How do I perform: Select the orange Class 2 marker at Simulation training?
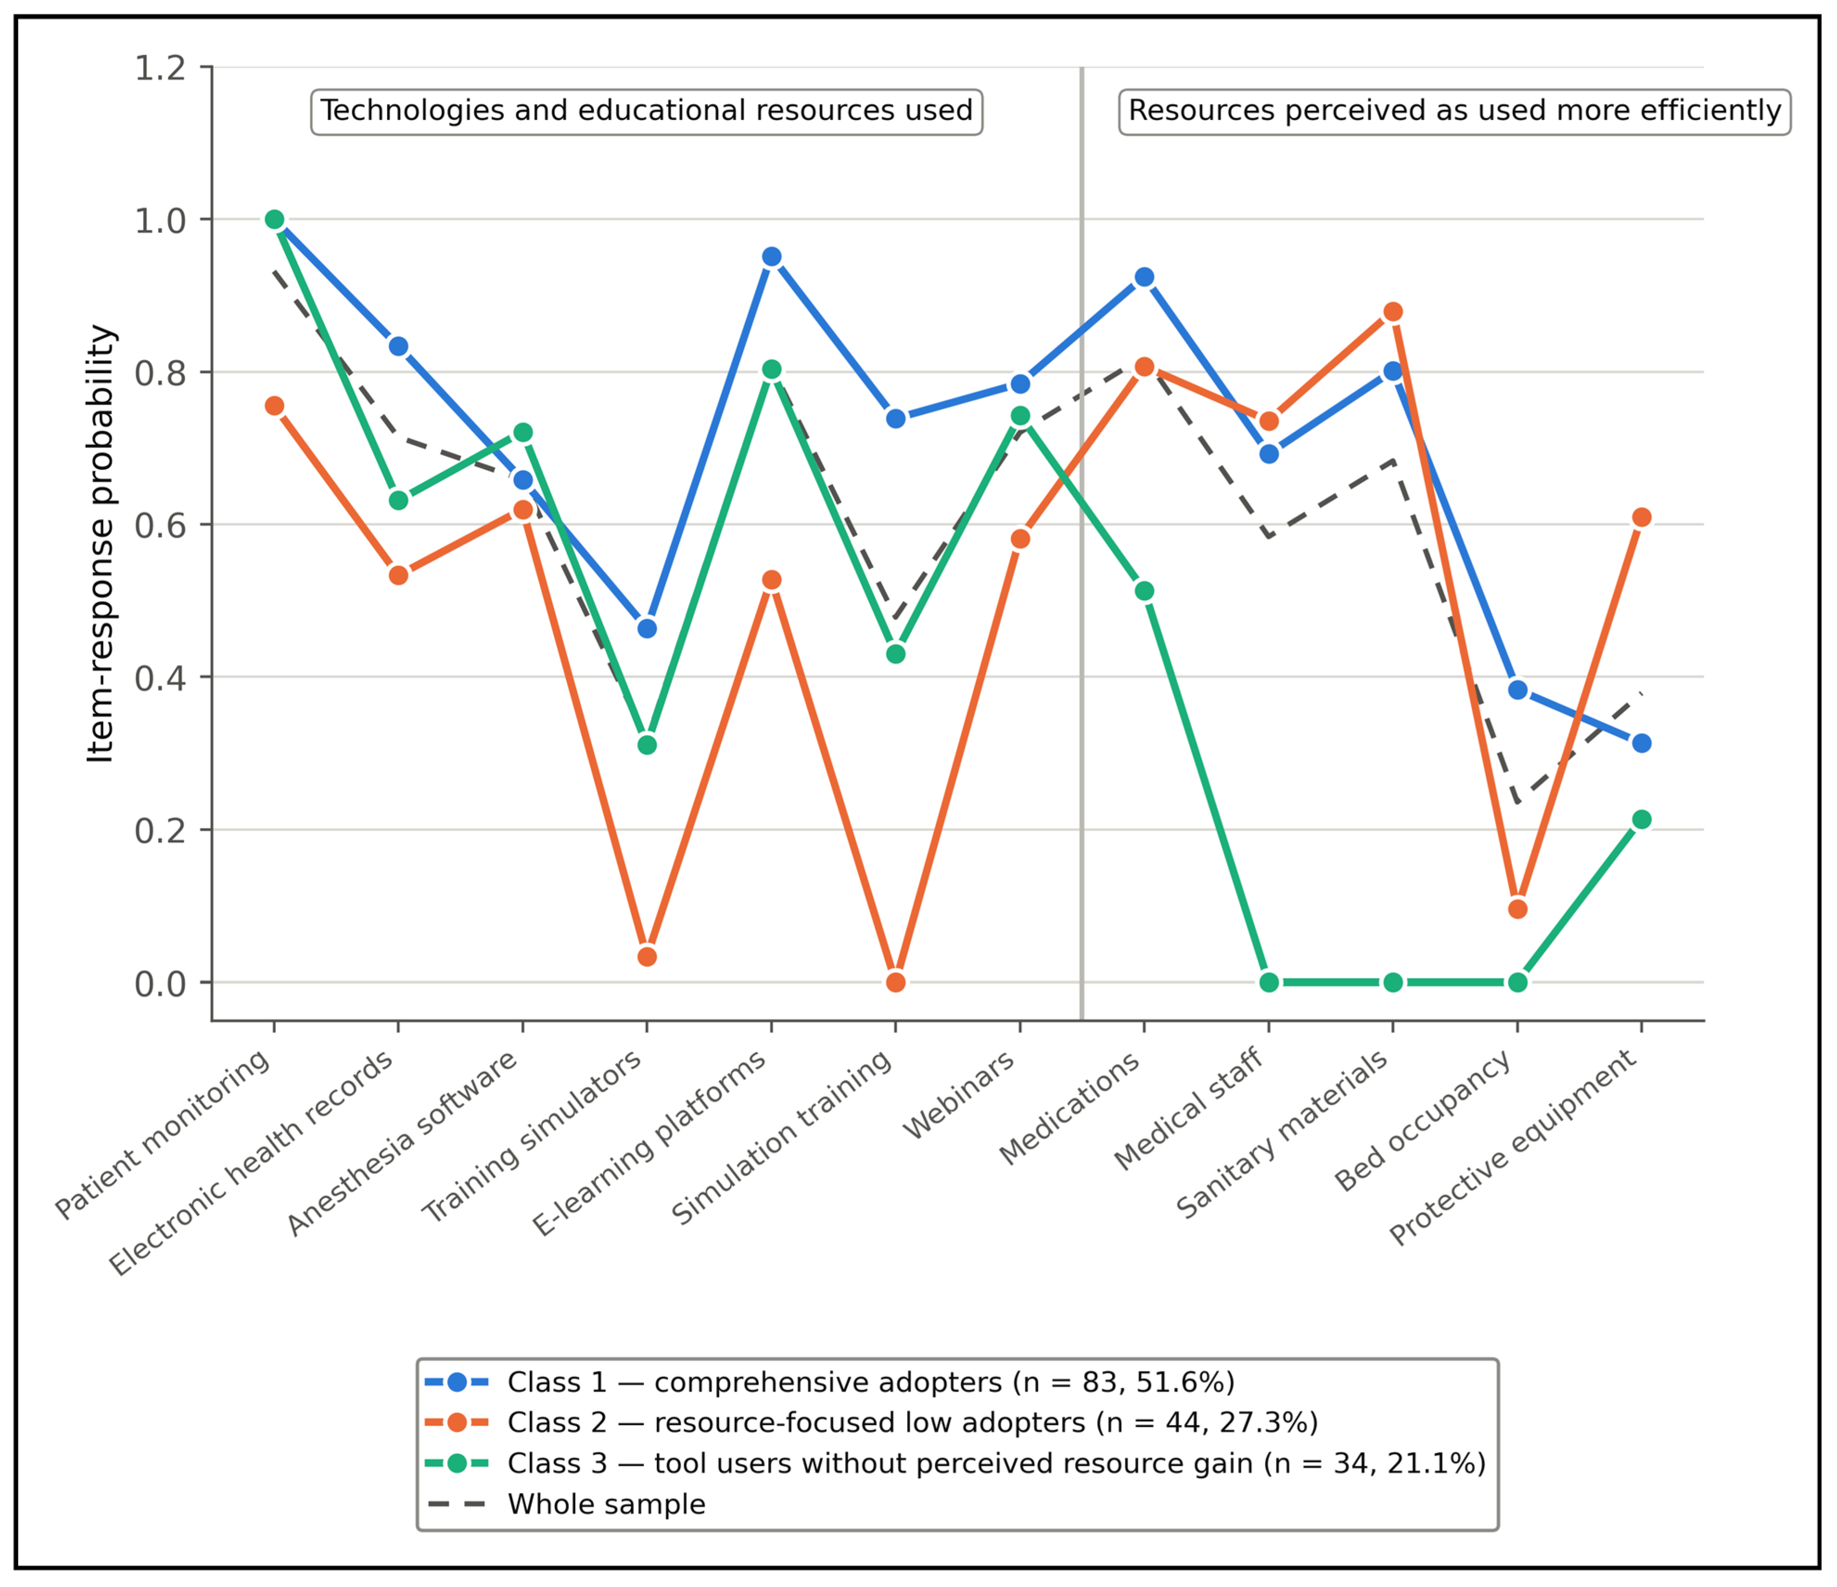[896, 982]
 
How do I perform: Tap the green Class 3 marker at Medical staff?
[1269, 982]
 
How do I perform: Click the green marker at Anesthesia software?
[523, 432]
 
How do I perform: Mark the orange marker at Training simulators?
[647, 957]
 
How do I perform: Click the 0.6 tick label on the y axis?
[160, 525]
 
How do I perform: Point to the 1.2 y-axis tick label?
[160, 67]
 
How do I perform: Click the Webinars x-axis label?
[959, 1097]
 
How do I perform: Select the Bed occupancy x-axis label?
[1423, 1122]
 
